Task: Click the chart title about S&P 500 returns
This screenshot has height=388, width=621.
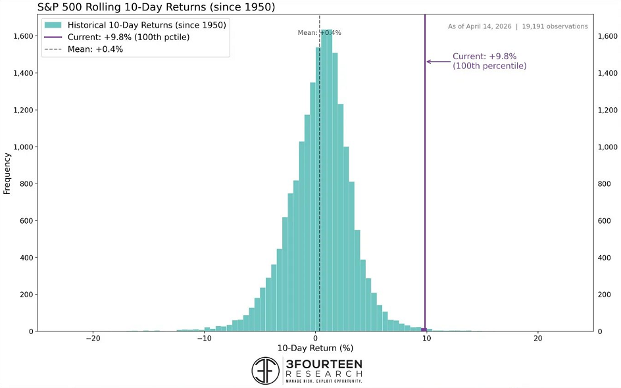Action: click(156, 7)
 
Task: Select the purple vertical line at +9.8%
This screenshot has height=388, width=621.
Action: click(425, 197)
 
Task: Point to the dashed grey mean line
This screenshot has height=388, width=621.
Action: click(320, 197)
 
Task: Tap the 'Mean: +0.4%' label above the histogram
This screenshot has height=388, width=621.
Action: click(320, 32)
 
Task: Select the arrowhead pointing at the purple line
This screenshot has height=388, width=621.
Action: click(429, 62)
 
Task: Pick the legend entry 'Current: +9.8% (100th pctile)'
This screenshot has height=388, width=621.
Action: click(128, 37)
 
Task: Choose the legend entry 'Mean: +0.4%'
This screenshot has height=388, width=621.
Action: click(95, 49)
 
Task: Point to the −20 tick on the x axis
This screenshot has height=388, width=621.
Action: click(93, 339)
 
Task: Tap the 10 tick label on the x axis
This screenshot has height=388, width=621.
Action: click(427, 339)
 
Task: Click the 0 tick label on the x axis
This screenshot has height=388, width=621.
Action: click(316, 339)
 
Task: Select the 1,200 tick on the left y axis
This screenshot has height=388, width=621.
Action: click(21, 110)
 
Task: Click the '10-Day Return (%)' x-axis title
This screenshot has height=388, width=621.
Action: click(315, 349)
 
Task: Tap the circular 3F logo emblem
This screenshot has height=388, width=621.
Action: click(266, 371)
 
